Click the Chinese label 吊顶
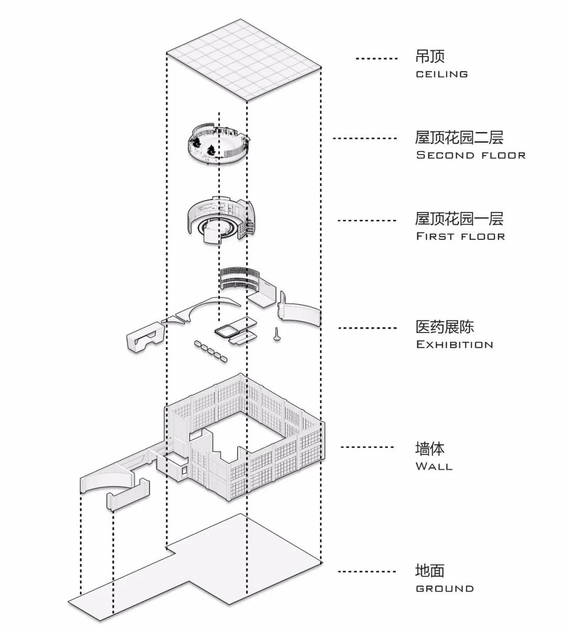pos(430,57)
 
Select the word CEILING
pos(442,74)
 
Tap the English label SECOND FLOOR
pos(471,155)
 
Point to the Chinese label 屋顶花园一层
pos(459,218)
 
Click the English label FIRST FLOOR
pos(461,236)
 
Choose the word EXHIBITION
pos(454,345)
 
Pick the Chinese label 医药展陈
pos(444,327)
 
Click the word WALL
pos(434,466)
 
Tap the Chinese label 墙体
pos(430,449)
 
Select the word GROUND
pos(445,589)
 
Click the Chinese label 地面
pos(430,571)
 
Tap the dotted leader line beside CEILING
pos(376,59)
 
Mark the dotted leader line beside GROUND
pos(367,571)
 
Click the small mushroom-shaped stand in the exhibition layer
pos(276,335)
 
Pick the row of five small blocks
pos(211,351)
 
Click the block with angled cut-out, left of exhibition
pos(143,336)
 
